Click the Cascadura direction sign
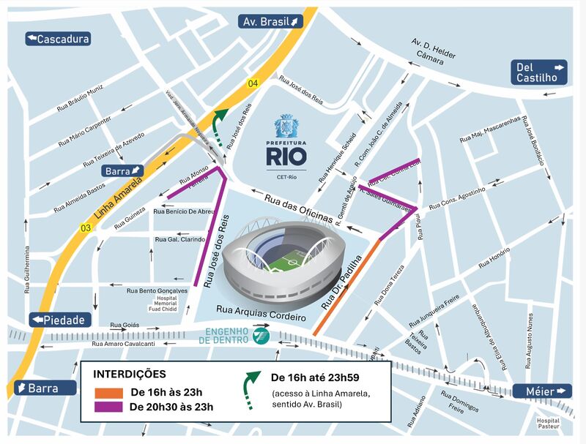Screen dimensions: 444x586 [58, 39]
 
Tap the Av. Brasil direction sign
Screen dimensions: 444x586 [271, 21]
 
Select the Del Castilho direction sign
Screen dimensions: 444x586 [540, 72]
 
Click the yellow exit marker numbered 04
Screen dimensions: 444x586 [253, 83]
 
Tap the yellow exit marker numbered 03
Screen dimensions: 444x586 [86, 228]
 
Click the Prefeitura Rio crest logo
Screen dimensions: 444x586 [286, 127]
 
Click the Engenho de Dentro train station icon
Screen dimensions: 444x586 [260, 336]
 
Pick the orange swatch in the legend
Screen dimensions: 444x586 [108, 392]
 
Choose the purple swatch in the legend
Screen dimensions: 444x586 [108, 407]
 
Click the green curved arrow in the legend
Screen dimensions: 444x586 [251, 385]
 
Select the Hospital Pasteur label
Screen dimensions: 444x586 [549, 424]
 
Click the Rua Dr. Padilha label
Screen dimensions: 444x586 [342, 282]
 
